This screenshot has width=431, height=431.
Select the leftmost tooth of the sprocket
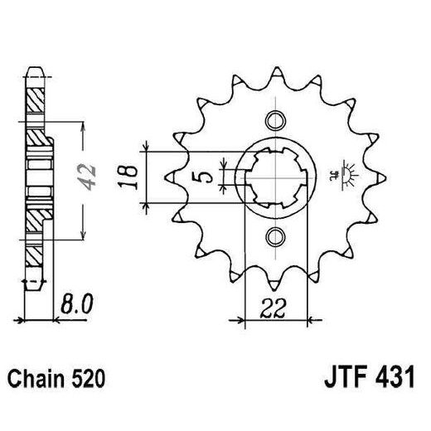click(x=169, y=177)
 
